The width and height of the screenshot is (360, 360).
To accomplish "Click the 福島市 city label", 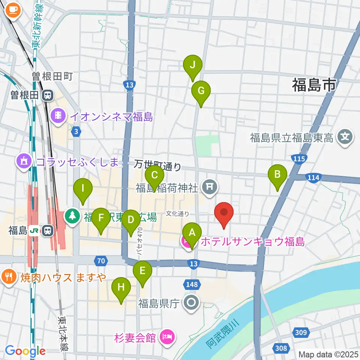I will coord(314,85).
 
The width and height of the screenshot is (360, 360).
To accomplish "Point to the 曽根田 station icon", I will coord(48,96).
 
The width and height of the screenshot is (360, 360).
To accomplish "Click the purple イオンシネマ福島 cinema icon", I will coord(58,114).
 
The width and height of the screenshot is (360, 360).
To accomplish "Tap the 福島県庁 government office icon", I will coord(192,302).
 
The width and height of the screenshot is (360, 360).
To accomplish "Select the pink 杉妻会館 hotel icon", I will coord(166,337).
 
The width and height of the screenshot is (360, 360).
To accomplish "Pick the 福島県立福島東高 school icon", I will coord(345,138).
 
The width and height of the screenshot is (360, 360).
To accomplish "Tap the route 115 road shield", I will coord(299,159).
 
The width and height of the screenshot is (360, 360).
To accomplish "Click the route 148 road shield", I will coord(192,285).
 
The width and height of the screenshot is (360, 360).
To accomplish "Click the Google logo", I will coord(25,351).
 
